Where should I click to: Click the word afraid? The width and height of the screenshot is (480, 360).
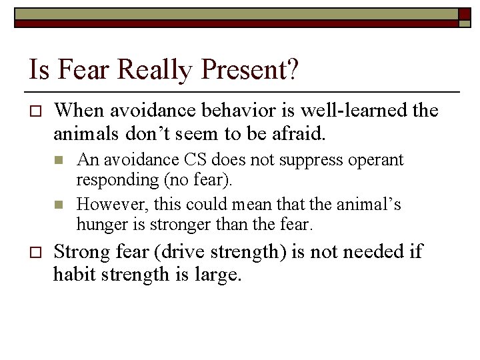click(x=298, y=133)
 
